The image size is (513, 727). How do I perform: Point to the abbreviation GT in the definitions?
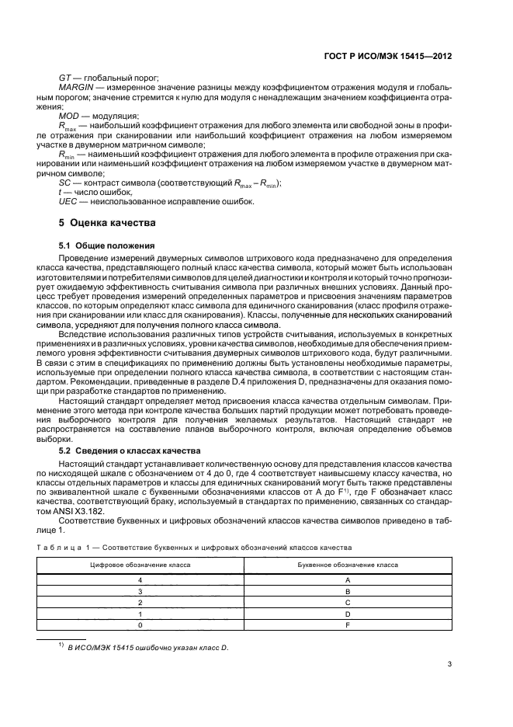pos(65,78)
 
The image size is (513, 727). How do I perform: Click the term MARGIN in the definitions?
pos(77,89)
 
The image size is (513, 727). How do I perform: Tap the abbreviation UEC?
pos(68,202)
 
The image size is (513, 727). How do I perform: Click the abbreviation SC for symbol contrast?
pos(65,183)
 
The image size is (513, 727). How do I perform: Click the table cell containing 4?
pos(140,579)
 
